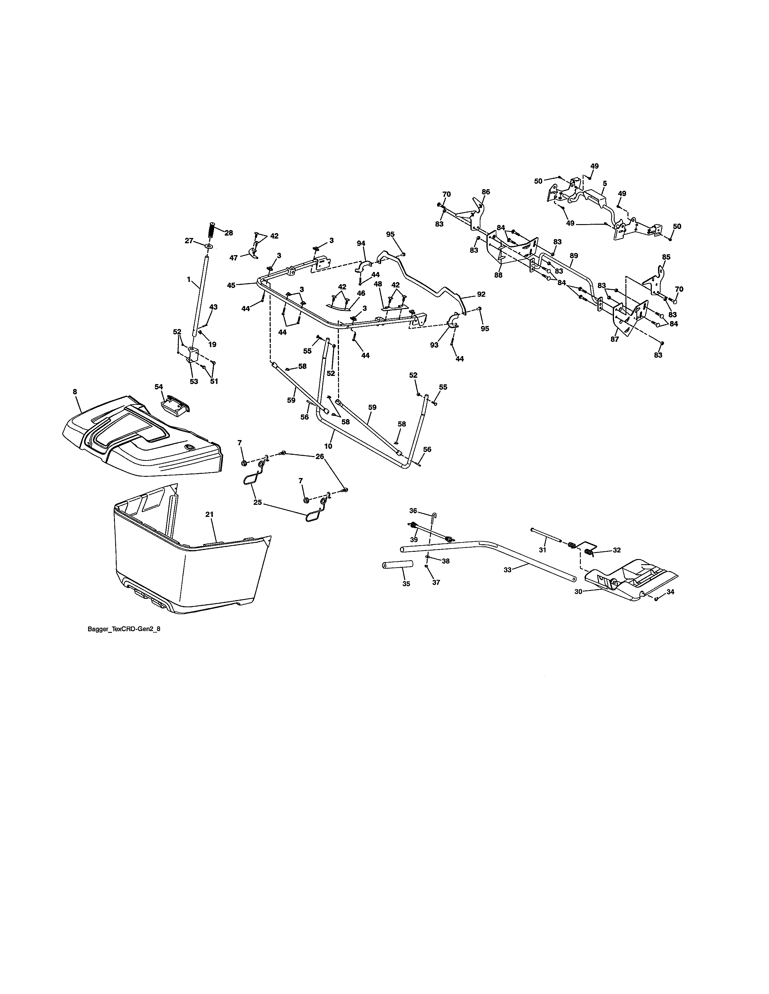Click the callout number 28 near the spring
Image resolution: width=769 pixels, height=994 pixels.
point(228,233)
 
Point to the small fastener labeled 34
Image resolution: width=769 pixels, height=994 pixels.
point(656,599)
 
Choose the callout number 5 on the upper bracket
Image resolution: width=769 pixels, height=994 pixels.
point(604,183)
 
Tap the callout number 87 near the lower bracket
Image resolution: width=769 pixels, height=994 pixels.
point(615,339)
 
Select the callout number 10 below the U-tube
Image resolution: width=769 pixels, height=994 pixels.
point(328,446)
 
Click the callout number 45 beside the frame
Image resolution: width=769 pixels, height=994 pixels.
point(231,285)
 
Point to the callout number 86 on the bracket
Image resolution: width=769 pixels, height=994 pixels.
point(486,192)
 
